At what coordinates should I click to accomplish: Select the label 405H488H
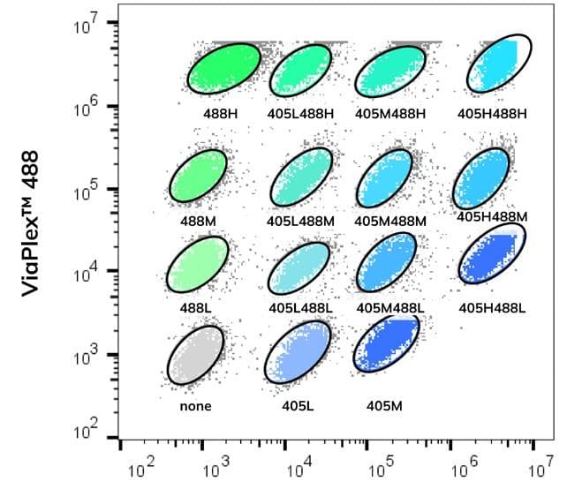point(491,114)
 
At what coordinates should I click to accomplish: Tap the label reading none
point(195,407)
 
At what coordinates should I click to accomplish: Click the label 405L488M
point(300,220)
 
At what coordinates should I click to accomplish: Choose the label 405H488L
point(492,308)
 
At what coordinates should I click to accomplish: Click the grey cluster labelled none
point(195,358)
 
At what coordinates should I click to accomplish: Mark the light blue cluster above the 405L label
point(299,353)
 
